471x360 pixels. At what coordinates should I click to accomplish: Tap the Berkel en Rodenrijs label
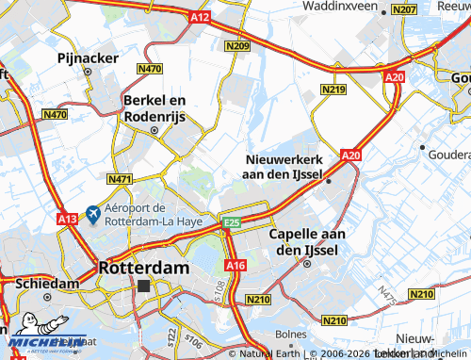155,108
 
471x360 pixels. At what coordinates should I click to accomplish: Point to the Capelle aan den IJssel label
307,241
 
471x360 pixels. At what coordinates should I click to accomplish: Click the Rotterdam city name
143,268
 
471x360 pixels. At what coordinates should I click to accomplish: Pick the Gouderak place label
449,154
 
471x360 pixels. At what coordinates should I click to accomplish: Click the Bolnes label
291,335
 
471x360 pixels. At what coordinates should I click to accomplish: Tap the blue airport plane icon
92,215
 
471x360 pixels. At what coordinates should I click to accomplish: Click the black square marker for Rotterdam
143,285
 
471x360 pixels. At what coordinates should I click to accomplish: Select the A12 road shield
199,17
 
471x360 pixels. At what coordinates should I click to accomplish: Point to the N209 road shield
237,45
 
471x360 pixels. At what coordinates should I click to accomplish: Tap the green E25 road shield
231,221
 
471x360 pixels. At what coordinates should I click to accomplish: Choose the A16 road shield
235,267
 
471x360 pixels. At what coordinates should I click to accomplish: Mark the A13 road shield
67,219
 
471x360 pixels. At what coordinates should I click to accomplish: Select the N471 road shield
120,179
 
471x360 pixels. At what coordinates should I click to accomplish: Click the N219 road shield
333,90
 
